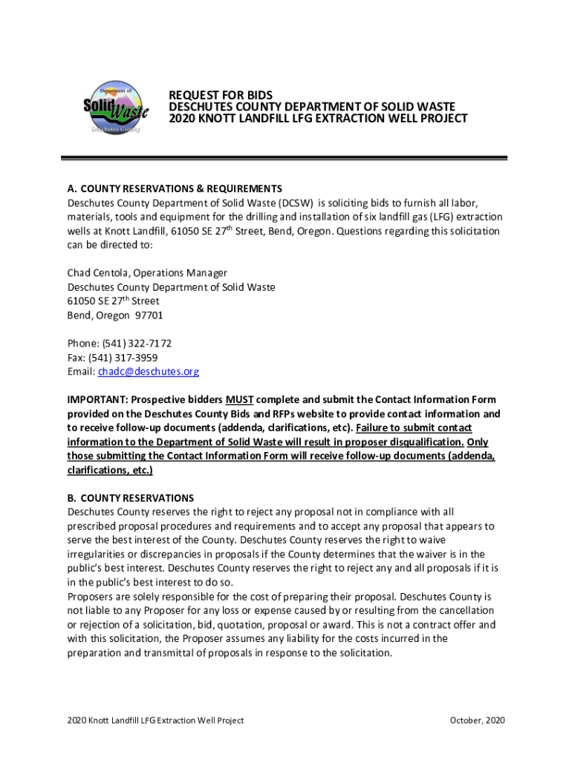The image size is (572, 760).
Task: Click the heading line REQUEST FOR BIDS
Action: click(221, 95)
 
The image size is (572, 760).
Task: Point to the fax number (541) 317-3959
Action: click(126, 357)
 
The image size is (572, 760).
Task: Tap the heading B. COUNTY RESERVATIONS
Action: click(131, 498)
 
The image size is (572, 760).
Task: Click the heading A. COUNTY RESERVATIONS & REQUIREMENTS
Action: click(175, 189)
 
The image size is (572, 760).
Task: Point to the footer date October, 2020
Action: click(478, 720)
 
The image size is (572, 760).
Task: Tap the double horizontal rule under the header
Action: click(283, 158)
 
